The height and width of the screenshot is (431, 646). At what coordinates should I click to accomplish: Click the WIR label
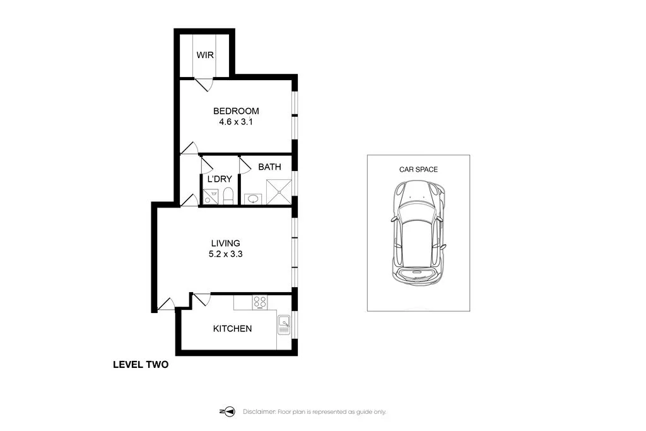[205, 55]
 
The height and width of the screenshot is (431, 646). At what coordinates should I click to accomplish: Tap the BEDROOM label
[236, 111]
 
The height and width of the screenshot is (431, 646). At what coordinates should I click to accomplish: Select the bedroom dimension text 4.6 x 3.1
[236, 122]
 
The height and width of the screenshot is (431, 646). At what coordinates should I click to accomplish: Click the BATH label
[269, 167]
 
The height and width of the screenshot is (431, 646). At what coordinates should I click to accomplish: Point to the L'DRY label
[220, 179]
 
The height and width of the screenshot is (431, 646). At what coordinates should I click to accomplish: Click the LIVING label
[225, 243]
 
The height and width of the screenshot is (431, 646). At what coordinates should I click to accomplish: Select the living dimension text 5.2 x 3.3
[225, 254]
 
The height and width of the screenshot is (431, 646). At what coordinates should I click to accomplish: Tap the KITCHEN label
[232, 328]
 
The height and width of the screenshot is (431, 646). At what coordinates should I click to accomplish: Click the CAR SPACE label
[418, 169]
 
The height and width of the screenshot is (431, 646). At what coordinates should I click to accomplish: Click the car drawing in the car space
[418, 233]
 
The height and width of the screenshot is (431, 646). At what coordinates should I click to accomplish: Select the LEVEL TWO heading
[141, 365]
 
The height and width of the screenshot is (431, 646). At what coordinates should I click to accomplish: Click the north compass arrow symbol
[227, 411]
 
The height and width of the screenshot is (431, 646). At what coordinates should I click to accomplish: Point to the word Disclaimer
[259, 411]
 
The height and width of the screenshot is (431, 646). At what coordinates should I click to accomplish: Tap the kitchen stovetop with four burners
[259, 303]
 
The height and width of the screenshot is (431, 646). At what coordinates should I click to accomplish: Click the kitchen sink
[284, 325]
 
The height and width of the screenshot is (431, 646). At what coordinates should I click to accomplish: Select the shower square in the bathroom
[279, 192]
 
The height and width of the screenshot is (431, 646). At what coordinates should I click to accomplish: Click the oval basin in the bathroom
[253, 199]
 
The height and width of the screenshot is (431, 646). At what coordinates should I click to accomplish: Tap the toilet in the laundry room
[228, 196]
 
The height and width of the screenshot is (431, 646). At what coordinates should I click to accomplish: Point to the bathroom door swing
[245, 165]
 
